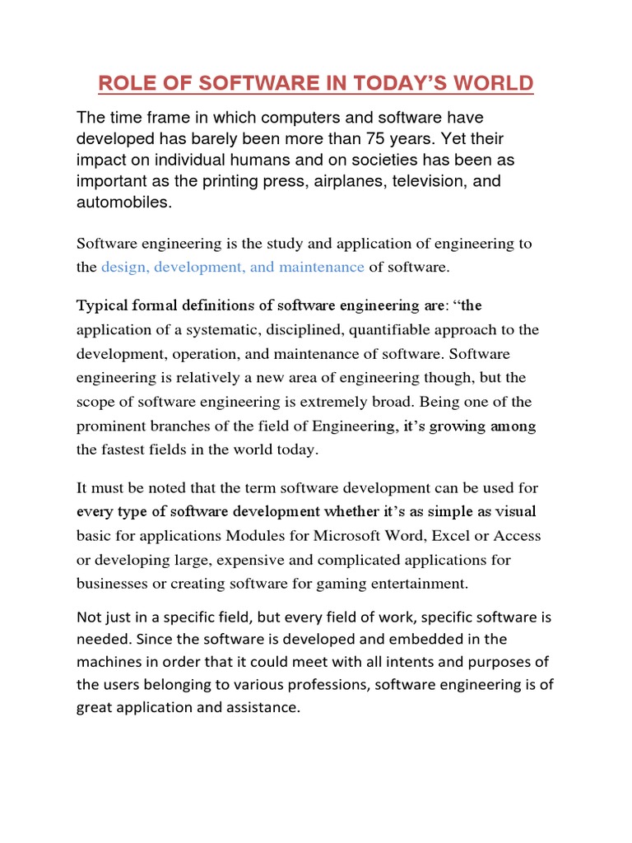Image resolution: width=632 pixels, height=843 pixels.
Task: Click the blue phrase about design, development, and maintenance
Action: click(x=233, y=267)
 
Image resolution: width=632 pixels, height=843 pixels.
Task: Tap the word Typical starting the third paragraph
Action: click(x=101, y=306)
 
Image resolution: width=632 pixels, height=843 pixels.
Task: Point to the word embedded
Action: click(x=421, y=640)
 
